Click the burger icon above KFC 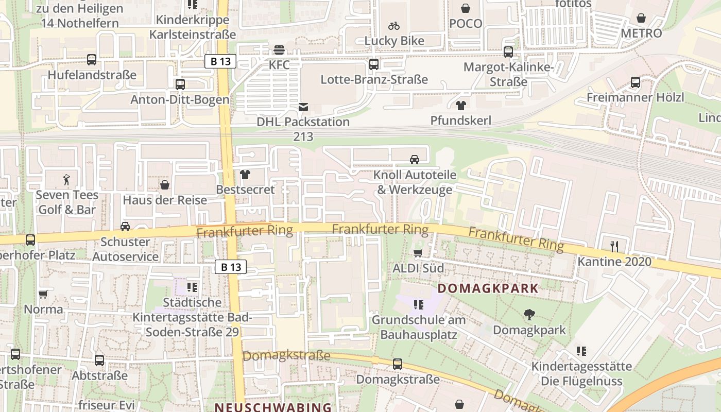pos(279,50)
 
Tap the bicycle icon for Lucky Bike pos(394,26)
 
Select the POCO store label pos(466,23)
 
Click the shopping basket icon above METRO pos(641,19)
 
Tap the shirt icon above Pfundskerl pos(460,106)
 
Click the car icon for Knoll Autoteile pos(415,160)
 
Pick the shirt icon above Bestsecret pos(245,175)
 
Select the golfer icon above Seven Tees pos(66,180)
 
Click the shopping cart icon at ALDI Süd pos(418,253)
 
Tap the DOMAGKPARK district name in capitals pos(488,288)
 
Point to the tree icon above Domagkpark pos(528,315)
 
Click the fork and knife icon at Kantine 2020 pos(613,246)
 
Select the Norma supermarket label pos(44,310)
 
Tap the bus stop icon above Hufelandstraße pos(92,60)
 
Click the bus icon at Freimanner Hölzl pos(636,82)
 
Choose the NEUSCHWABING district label pos(273,407)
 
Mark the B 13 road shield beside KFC pos(220,62)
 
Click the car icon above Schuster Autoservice pos(125,227)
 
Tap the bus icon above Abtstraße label pos(99,360)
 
